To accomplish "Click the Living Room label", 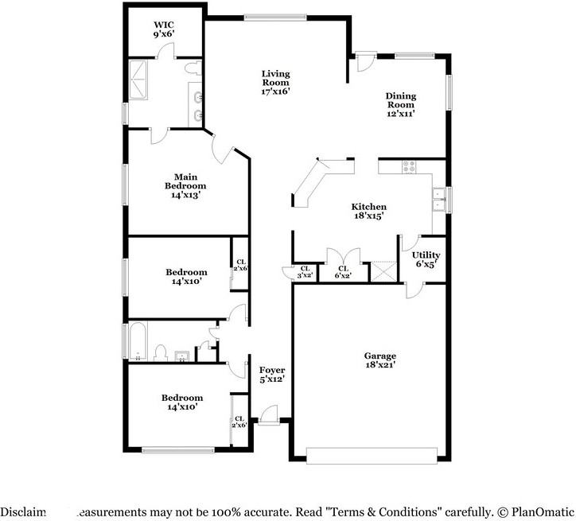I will [x=276, y=82].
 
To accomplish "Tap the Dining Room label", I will [x=401, y=104].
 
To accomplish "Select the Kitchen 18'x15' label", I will [x=369, y=211].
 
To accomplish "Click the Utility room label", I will [x=426, y=260].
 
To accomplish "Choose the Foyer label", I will [x=272, y=375].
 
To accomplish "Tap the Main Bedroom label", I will [x=185, y=185].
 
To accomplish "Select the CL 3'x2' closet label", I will [x=304, y=271].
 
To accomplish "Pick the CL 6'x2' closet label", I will [x=342, y=271].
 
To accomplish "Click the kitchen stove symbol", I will [x=409, y=167].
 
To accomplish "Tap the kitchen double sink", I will [x=437, y=199].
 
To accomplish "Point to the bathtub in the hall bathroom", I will [x=138, y=340].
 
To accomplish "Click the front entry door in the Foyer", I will [x=268, y=414].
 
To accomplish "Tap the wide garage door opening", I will [x=372, y=455].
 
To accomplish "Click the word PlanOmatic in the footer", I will [x=540, y=512].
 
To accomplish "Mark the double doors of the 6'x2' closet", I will [x=342, y=257].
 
